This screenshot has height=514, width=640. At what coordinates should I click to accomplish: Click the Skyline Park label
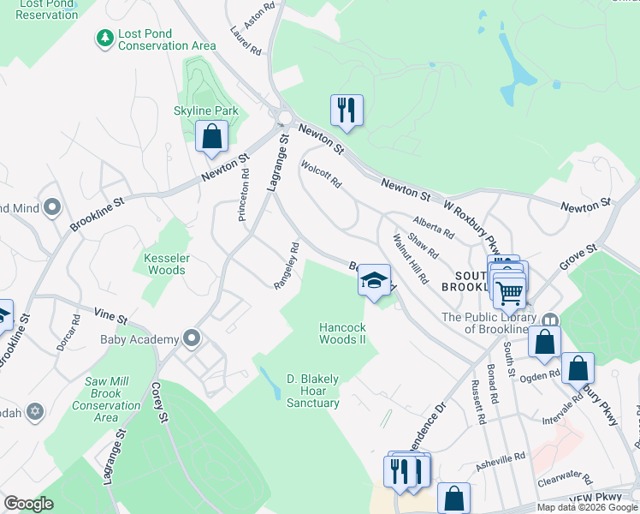(206, 111)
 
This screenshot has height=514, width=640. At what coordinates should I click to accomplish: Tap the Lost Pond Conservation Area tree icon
(105, 39)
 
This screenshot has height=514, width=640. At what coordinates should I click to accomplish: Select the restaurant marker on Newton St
(347, 111)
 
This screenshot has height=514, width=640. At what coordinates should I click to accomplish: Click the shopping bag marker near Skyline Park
(211, 136)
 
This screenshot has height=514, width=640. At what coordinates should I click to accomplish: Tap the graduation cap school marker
(374, 280)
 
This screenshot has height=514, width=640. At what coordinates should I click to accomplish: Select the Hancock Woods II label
(342, 333)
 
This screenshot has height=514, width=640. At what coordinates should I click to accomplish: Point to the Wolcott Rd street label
(321, 171)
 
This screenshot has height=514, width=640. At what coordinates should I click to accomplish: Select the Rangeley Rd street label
(286, 266)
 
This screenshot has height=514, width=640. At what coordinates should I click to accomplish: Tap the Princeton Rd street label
(245, 194)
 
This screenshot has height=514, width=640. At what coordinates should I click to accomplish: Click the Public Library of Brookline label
(491, 323)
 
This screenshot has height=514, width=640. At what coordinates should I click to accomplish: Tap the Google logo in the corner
(29, 505)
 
